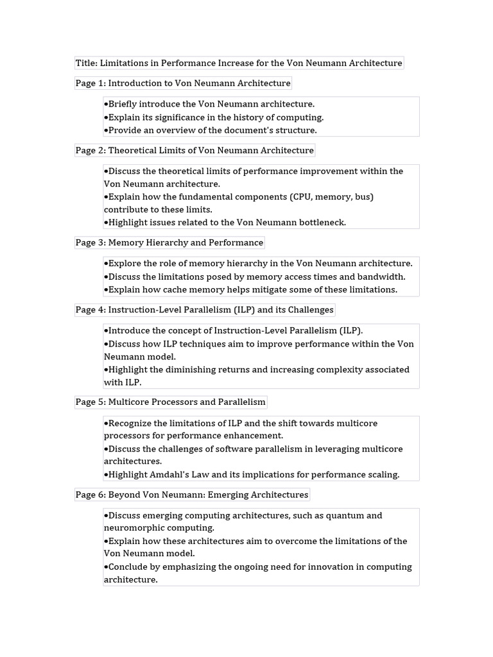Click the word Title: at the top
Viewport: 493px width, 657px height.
[x=87, y=63]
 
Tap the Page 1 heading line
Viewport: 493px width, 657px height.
[x=183, y=83]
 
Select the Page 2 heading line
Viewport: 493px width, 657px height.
[x=195, y=151]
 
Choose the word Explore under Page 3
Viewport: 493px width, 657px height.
[x=125, y=264]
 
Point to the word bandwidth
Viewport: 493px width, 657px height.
[x=381, y=277]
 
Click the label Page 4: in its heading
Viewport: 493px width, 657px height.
[x=91, y=310]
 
